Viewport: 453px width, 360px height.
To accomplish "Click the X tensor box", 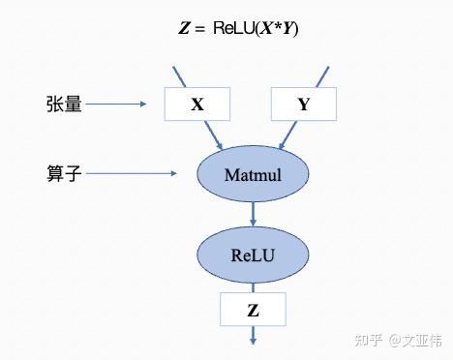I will point(197,104).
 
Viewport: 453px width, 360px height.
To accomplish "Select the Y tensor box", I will point(303,104).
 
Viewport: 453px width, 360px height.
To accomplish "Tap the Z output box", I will point(253,310).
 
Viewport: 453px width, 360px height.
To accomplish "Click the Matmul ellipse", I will point(253,174).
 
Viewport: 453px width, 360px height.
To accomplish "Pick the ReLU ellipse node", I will point(254,255).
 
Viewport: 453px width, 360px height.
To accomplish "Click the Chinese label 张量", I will point(64,104).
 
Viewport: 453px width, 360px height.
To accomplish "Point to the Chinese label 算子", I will point(64,173).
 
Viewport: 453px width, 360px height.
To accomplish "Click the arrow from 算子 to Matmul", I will point(146,174).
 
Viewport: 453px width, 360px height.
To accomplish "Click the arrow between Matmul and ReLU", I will point(253,215).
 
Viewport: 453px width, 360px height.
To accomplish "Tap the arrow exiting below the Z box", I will point(253,335).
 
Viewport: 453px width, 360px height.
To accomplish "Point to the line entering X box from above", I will point(181,76).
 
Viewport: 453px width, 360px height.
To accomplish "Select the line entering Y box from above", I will point(321,76).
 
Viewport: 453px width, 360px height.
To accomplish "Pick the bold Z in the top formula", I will point(184,28).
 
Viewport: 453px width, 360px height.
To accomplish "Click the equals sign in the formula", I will point(200,28).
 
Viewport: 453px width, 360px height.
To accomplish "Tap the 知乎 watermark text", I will point(368,340).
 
